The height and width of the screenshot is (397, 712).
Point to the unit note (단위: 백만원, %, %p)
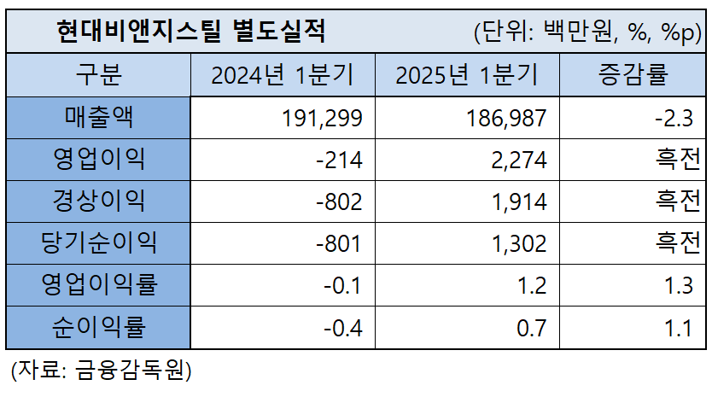tap(587, 32)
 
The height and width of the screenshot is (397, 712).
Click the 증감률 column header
tap(633, 75)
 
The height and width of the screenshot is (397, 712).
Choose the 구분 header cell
tap(98, 75)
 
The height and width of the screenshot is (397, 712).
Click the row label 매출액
tap(98, 117)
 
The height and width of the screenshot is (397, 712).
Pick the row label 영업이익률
tap(98, 284)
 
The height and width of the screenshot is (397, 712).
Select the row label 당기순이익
tap(98, 242)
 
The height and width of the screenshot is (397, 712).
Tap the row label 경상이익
tap(98, 201)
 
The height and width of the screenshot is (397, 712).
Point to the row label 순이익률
tap(98, 326)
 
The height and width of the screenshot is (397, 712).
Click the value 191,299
tap(322, 118)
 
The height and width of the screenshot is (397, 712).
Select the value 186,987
tap(505, 118)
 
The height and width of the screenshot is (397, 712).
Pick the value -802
tap(339, 201)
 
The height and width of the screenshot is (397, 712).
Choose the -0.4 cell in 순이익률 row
tap(344, 327)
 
